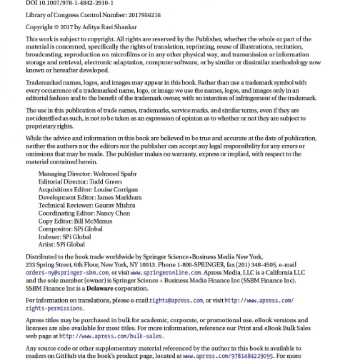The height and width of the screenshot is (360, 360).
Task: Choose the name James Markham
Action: (x=119, y=198)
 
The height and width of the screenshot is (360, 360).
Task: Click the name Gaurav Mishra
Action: (x=115, y=205)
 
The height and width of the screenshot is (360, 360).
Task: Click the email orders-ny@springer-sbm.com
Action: (x=67, y=273)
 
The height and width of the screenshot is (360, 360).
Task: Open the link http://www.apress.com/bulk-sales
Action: (x=111, y=336)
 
